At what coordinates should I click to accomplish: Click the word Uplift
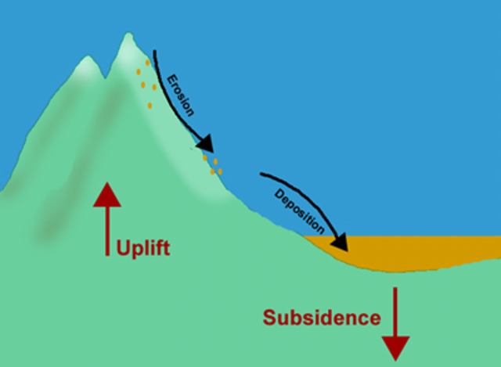[143, 249]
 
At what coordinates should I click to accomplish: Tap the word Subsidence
[322, 318]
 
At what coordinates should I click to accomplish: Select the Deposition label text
[300, 210]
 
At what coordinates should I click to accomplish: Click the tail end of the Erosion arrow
[155, 52]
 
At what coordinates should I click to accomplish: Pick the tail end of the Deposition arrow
[261, 174]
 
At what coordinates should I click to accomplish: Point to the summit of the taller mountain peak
[125, 34]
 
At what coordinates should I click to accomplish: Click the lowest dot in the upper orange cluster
[150, 105]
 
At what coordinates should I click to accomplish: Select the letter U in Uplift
[123, 249]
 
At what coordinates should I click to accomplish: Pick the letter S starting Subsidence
[269, 318]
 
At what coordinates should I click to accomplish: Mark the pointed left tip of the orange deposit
[307, 238]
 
